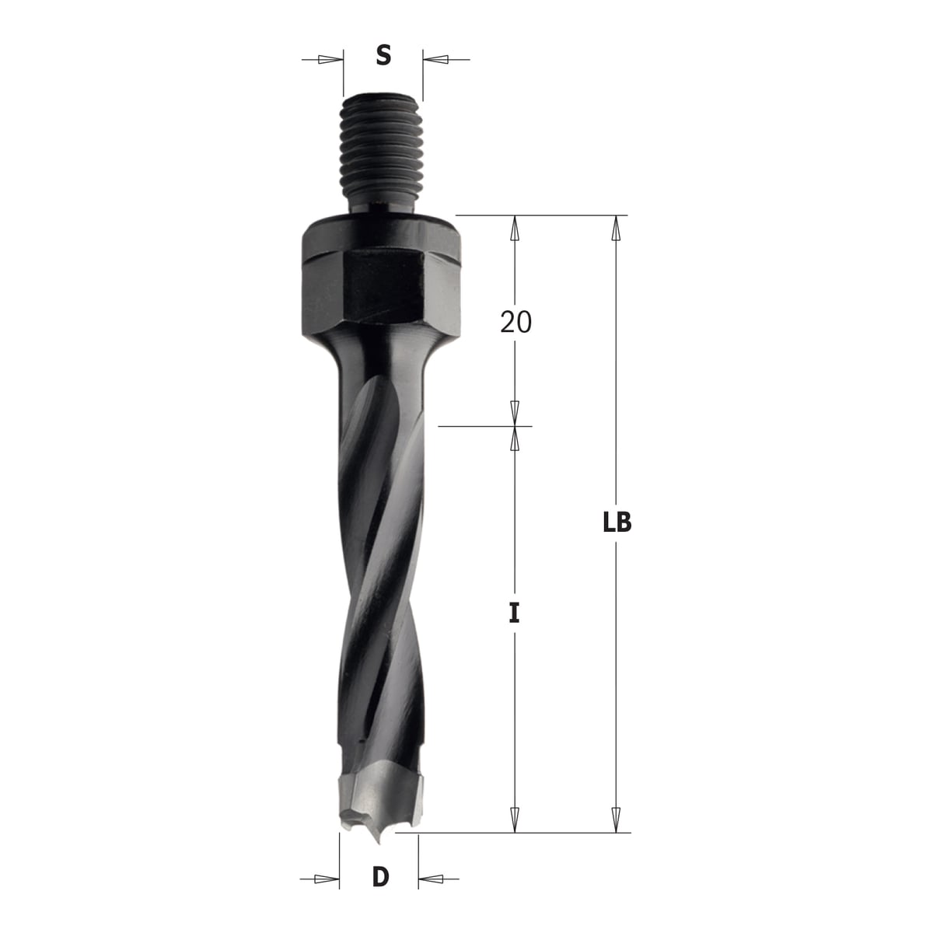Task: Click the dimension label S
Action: pyautogui.click(x=383, y=55)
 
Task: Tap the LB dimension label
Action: pyautogui.click(x=617, y=522)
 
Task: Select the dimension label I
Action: pyautogui.click(x=515, y=614)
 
